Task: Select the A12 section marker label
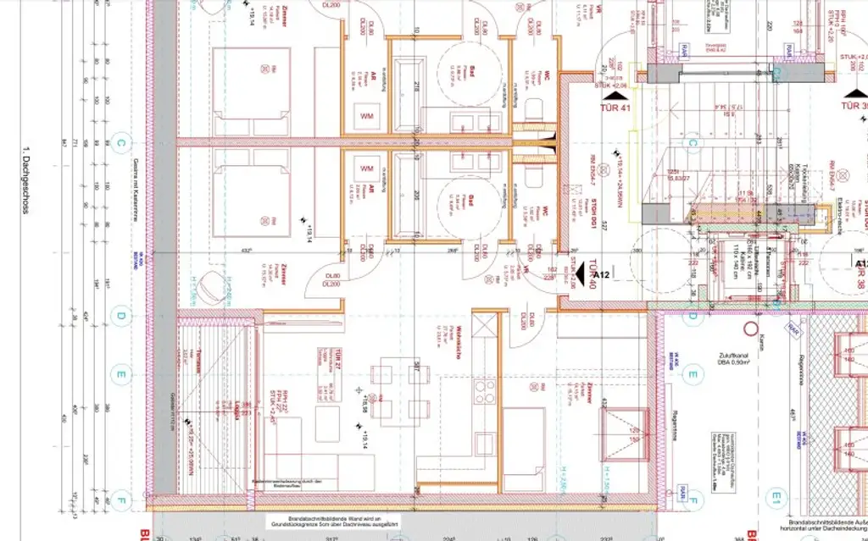[603, 275]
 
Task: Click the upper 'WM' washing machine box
[368, 115]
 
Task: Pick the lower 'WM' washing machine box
[368, 166]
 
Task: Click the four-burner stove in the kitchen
[484, 391]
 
